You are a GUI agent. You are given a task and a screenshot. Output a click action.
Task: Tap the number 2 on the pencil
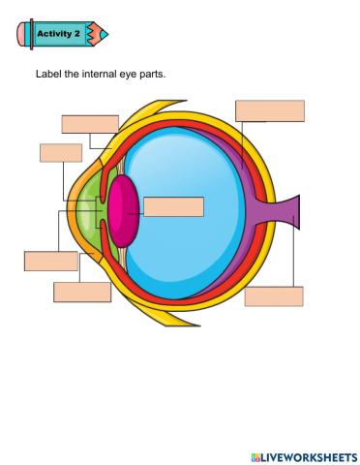pos(79,34)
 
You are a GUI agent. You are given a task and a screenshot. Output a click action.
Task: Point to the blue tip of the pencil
pos(104,34)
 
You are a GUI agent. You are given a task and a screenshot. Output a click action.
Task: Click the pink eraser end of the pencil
pos(22,35)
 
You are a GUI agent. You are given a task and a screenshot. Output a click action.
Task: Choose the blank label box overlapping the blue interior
pos(173,206)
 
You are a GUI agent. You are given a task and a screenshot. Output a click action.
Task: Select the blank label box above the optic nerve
pos(269,110)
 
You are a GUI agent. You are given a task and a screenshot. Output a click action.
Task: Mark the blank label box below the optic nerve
pos(274,296)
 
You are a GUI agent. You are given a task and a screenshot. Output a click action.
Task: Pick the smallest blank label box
pos(60,152)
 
